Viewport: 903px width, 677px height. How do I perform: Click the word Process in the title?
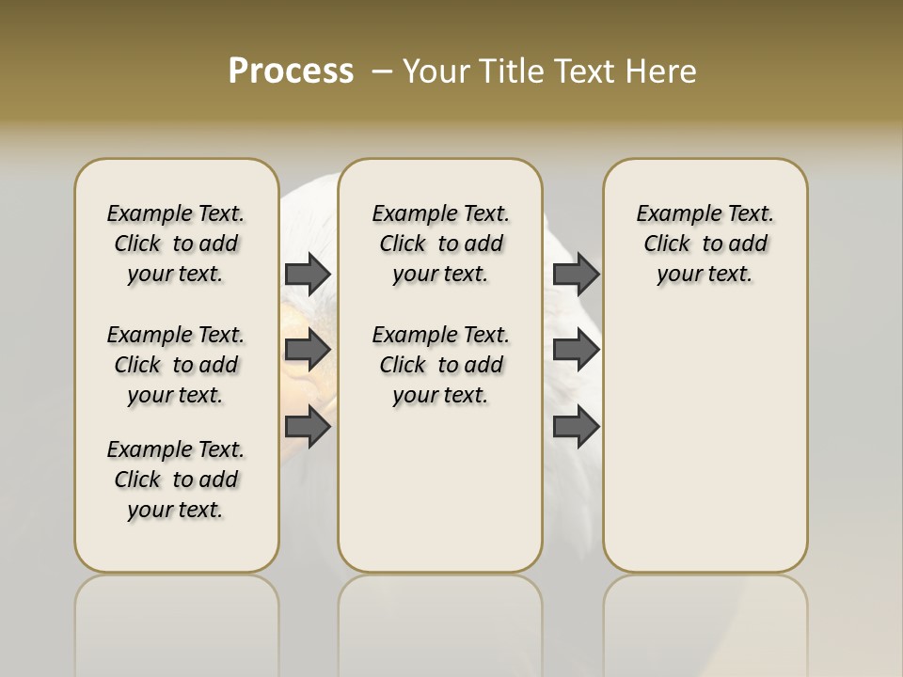291,71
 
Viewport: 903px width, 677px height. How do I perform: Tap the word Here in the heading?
660,71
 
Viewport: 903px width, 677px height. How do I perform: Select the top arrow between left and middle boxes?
308,274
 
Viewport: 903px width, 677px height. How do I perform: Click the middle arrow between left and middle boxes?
308,350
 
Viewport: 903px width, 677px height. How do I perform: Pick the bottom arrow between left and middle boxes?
308,428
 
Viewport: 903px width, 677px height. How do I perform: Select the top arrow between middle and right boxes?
576,274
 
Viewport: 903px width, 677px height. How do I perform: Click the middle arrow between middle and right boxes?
576,350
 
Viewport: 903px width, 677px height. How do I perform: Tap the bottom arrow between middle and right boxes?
576,428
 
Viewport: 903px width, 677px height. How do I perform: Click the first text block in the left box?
176,244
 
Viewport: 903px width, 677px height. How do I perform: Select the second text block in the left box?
176,365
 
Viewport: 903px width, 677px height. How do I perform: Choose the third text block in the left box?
176,480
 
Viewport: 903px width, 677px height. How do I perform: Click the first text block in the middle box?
440,244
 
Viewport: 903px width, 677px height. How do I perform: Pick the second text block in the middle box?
440,365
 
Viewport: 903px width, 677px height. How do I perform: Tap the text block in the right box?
705,244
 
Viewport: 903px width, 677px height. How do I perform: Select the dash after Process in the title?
382,71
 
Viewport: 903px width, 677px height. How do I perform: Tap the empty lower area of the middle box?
440,489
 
